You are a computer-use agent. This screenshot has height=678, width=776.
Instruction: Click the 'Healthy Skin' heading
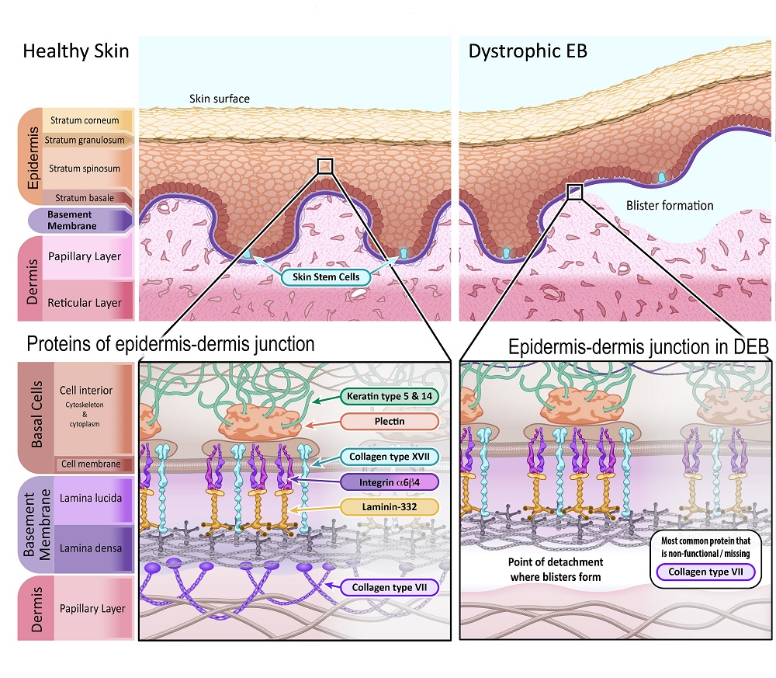point(75,52)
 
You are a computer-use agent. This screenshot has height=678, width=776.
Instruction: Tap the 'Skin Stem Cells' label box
point(320,276)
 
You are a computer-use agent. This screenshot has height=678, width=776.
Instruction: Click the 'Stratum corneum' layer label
point(85,120)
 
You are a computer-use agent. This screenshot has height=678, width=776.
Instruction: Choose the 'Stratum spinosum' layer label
point(85,168)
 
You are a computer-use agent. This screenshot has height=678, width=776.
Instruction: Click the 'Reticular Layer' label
point(86,303)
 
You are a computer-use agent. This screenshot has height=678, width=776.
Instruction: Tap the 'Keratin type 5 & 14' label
point(389,397)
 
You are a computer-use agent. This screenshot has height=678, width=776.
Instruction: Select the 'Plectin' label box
point(389,422)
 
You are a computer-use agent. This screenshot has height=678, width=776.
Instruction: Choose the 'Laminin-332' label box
point(389,508)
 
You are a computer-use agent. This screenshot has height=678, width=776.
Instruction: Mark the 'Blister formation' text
point(670,206)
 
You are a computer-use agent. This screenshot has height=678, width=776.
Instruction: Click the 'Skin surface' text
point(220,99)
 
